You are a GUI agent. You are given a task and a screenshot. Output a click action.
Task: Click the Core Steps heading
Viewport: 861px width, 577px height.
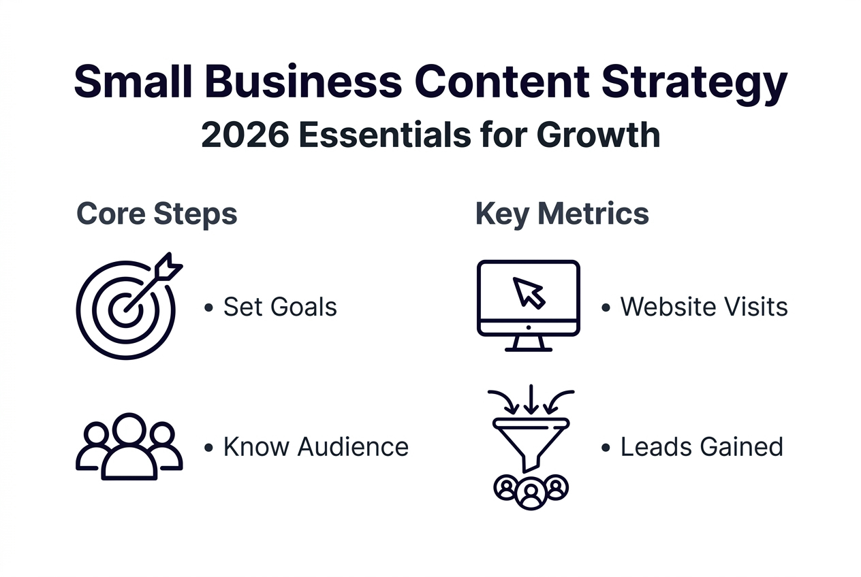(157, 213)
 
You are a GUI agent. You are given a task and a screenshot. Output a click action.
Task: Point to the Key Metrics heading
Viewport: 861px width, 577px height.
(562, 213)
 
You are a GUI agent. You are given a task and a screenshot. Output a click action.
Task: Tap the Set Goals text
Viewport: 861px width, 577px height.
(280, 307)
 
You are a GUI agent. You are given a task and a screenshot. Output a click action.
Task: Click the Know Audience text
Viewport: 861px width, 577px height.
(315, 447)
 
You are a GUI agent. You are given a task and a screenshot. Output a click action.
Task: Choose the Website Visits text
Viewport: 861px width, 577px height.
(704, 307)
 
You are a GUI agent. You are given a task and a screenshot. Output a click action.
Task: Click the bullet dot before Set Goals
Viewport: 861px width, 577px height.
(208, 308)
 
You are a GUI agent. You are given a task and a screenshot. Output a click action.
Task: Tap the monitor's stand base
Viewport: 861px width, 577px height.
(529, 348)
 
